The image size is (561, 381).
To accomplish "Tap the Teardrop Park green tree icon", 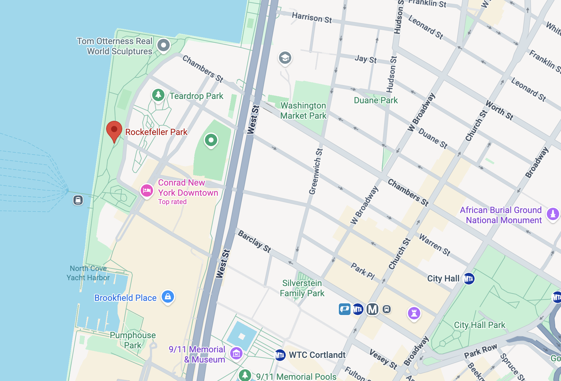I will point(158,95).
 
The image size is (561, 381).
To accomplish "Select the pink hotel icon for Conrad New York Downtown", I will point(147,190).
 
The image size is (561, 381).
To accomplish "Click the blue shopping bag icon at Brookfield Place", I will point(168,297).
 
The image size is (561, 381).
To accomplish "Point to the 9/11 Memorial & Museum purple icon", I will point(236,353).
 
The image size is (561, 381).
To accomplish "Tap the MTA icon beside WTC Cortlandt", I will point(280,355).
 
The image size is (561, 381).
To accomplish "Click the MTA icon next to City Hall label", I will point(469,279).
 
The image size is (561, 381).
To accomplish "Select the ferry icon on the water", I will point(78,200).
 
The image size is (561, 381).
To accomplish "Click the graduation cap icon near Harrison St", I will point(285,58).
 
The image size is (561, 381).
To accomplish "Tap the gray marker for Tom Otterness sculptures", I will point(164,45).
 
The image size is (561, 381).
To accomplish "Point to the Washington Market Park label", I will point(303,111).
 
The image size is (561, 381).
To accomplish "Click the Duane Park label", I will point(376,100).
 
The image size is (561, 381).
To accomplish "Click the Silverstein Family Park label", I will point(302,288).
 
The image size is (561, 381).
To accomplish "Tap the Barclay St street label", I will point(255,241).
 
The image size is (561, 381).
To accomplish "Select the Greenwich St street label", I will point(316,171).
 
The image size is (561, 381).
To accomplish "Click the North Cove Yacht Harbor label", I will point(88,273).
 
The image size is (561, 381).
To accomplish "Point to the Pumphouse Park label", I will point(133,340).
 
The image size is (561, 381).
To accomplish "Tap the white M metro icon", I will point(372,309).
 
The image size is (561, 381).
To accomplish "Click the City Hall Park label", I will point(480,325).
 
